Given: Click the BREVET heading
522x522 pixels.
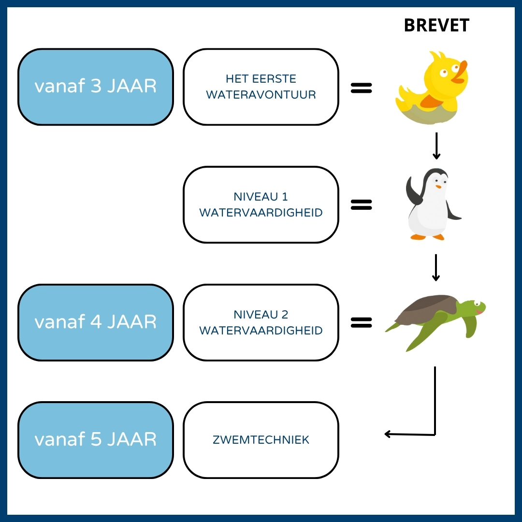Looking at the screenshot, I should coord(436,26).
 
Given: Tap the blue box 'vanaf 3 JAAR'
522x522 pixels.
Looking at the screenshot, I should coord(95,87).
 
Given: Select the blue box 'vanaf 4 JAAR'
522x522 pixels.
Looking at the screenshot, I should coord(95,322).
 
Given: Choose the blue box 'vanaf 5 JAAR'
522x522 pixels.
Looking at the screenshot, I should coord(95,440).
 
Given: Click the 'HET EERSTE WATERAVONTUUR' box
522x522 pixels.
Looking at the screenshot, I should coord(261,87).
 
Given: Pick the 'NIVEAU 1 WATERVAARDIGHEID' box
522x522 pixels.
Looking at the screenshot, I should coord(261,205).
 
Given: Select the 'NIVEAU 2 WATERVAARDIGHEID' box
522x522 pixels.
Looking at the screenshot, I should coord(261,322).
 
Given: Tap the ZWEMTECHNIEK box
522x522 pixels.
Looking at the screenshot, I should coord(261,440).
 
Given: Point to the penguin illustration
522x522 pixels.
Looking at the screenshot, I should coord(432,205).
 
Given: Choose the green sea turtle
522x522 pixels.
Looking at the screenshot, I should coord(435,319).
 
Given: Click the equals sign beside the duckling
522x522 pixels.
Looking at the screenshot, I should coord(361,87).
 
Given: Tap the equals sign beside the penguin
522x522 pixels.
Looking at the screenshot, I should coord(361,205).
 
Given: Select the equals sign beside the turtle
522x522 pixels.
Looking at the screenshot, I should coord(361,323).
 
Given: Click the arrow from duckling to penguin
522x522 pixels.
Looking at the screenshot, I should coord(436,146).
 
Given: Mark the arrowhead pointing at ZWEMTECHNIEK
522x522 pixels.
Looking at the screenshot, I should coord(388,434).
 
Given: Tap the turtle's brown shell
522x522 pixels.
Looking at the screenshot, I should coord(425,308).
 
